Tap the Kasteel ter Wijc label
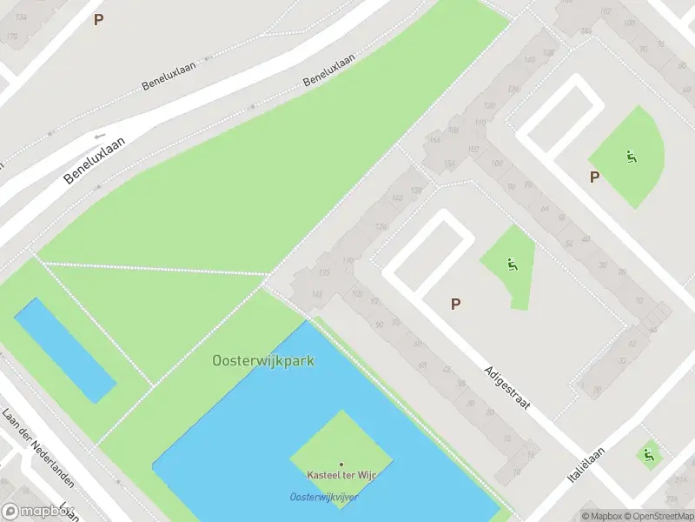point(341,475)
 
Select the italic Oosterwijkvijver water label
point(323,497)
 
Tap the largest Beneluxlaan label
point(95,159)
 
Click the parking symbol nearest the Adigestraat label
point(454,304)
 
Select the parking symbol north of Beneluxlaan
point(98,19)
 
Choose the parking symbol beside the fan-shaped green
point(595,177)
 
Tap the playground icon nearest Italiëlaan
point(647,454)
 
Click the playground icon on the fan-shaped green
point(632,157)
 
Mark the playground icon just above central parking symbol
point(513,264)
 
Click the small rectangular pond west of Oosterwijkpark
point(64,349)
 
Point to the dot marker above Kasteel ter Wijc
point(341,465)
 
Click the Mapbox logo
point(36,512)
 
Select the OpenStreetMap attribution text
point(663,516)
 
